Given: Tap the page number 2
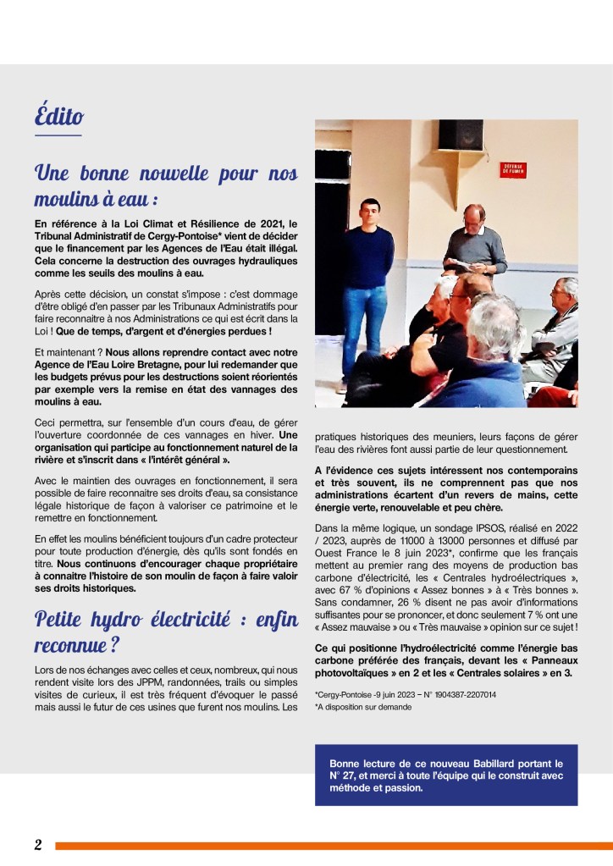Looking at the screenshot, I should pos(38,845).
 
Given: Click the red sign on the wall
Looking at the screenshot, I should pos(513,169).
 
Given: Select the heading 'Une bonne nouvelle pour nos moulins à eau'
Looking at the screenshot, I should pos(166,187).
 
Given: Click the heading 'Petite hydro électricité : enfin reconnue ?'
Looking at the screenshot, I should pos(166,632).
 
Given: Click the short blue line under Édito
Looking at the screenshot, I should pos(58,135).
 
